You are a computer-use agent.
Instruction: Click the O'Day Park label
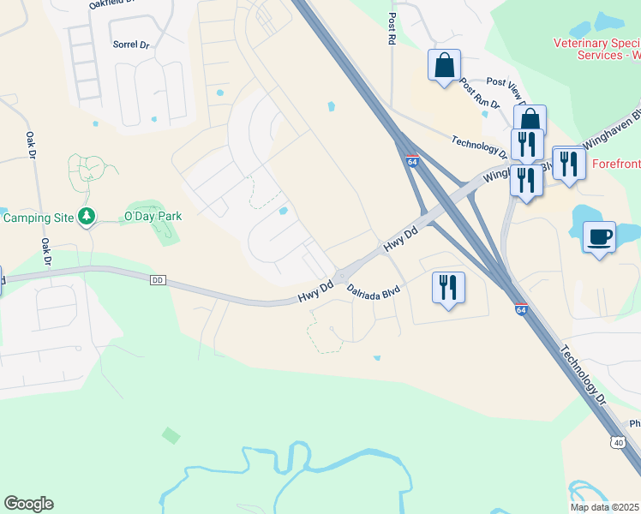pyautogui.click(x=153, y=217)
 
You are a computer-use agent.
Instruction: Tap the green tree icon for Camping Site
pyautogui.click(x=86, y=217)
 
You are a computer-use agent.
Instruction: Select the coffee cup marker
pyautogui.click(x=599, y=236)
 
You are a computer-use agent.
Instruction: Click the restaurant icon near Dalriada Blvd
pyautogui.click(x=446, y=287)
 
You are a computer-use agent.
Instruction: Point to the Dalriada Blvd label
pyautogui.click(x=374, y=291)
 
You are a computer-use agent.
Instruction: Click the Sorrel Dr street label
pyautogui.click(x=131, y=43)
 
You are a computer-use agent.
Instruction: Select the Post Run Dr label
pyautogui.click(x=479, y=96)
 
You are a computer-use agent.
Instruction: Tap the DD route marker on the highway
pyautogui.click(x=156, y=280)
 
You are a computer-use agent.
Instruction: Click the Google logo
pyautogui.click(x=28, y=504)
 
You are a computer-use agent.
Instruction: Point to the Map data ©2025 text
pyautogui.click(x=605, y=507)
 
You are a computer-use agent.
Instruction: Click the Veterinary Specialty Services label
pyautogui.click(x=597, y=49)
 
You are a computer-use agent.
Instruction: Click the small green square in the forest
pyautogui.click(x=171, y=435)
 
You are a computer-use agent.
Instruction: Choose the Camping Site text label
pyautogui.click(x=39, y=218)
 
